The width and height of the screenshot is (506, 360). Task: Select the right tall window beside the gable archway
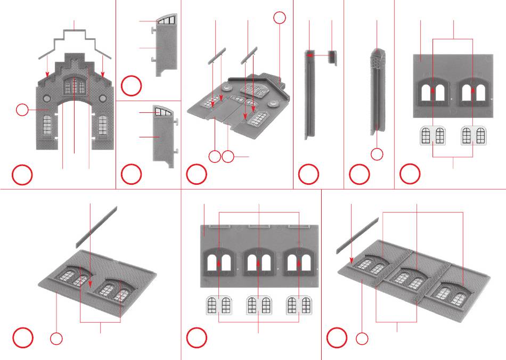click(x=102, y=125)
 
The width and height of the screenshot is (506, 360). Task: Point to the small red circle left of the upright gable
click(x=22, y=110)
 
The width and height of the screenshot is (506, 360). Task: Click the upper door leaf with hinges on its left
click(x=165, y=45)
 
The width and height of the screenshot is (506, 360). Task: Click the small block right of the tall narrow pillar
click(x=332, y=56)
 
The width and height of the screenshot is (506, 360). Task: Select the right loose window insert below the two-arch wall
click(x=474, y=135)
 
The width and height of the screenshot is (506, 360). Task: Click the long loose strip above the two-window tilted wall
click(x=96, y=226)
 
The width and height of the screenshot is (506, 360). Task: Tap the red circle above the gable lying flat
click(x=280, y=18)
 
